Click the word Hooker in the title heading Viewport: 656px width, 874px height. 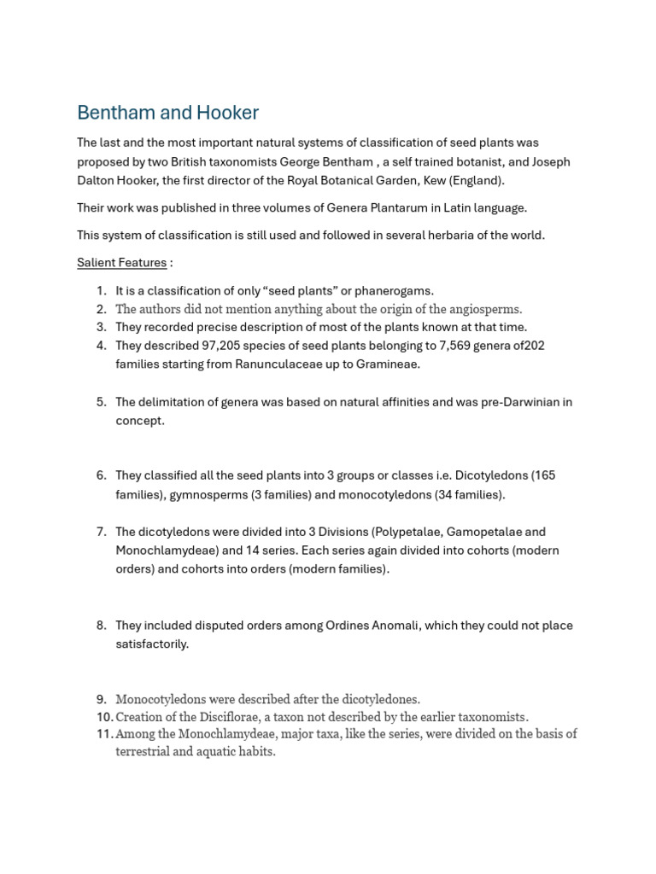point(230,113)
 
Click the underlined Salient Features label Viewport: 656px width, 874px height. point(121,262)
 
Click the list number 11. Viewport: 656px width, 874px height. point(104,733)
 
